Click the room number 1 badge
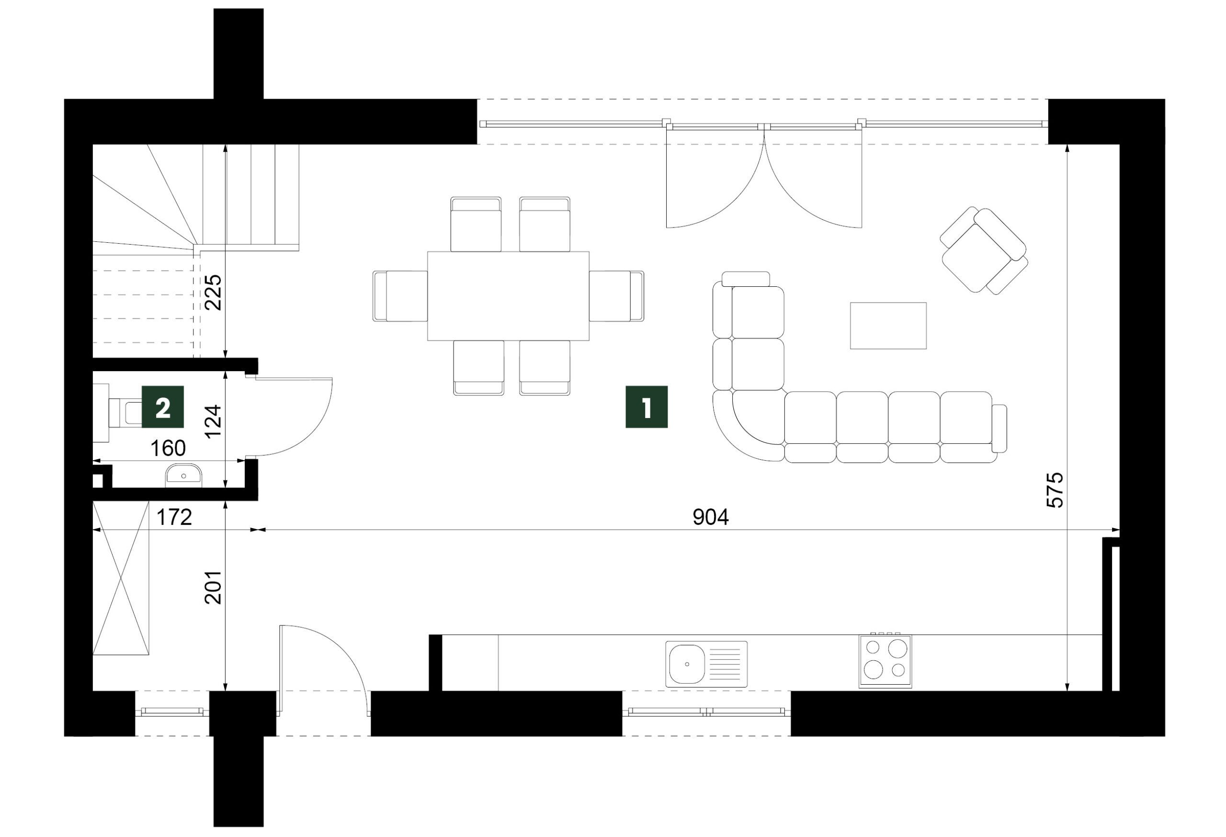646,407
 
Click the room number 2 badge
162,407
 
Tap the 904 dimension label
710,518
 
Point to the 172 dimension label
174,518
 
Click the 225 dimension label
214,292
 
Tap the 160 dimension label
168,448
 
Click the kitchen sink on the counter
706,664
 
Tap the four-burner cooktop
885,661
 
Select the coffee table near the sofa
888,326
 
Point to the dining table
508,296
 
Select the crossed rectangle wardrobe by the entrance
121,578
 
